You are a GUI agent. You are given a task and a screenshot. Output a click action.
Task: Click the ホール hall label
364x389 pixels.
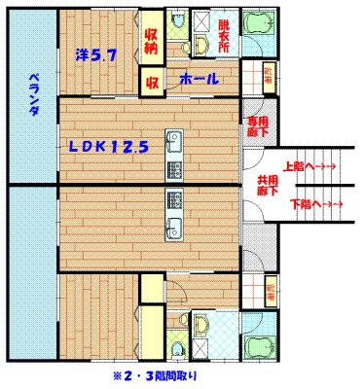[x=199, y=82]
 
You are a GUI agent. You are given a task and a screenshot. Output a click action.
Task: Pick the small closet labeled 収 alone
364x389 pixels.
[x=153, y=83]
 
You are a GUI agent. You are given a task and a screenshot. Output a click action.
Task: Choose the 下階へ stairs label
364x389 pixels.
[x=314, y=205]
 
